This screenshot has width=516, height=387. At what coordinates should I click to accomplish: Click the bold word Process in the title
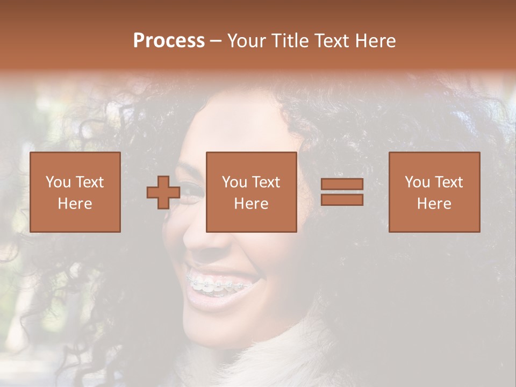[169, 41]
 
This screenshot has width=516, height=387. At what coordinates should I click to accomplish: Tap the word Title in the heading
[291, 41]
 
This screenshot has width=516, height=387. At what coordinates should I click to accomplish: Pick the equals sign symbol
[342, 192]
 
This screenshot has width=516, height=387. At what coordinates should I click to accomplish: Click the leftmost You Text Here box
[75, 192]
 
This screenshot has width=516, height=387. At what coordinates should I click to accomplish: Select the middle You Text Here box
[252, 192]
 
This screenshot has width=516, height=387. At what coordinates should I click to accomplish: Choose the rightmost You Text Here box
[434, 192]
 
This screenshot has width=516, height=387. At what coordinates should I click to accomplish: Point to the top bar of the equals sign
[342, 184]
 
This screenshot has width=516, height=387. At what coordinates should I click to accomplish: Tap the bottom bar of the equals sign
[342, 200]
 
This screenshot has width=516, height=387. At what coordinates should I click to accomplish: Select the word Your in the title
[248, 41]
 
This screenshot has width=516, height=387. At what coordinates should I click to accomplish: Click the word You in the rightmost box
[416, 182]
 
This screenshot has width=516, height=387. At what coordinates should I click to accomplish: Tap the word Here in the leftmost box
[75, 204]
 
